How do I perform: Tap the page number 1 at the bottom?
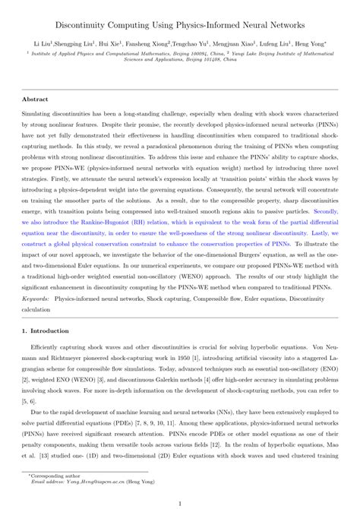click(x=180, y=502)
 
